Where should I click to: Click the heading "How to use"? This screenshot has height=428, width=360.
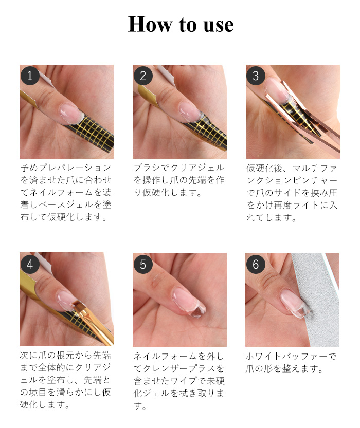point(181,25)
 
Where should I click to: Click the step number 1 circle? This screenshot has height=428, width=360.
point(30,77)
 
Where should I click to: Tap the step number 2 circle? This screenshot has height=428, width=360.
point(143,77)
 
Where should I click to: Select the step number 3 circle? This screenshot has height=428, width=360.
point(256,77)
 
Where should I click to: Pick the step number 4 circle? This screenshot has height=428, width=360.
point(30,265)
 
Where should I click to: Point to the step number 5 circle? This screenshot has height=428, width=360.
point(143,265)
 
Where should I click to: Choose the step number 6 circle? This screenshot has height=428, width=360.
point(256,265)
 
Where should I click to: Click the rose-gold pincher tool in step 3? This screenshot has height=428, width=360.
point(309,121)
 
